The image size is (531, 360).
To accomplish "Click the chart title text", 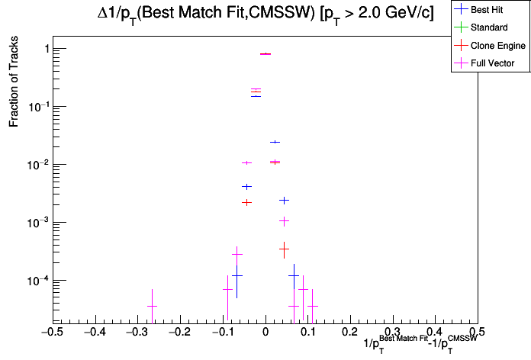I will pos(265,15).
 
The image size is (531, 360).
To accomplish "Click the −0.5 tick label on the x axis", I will pos(51,333).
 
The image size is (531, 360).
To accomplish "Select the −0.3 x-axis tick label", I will pos(137,333).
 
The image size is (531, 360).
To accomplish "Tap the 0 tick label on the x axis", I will pos(265,333).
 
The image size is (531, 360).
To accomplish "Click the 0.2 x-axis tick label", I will pos(350,333).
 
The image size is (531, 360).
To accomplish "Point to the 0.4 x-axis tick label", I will pos(435,333).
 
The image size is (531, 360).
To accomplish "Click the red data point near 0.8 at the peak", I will pos(265,54).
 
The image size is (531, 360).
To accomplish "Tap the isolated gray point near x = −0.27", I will pos(152,306).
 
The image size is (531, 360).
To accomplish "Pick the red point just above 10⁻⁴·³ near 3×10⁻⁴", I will pos(284,248).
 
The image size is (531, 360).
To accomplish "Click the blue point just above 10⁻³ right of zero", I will pos(284,201).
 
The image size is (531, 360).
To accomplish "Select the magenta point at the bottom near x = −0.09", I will pos(227,290).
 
